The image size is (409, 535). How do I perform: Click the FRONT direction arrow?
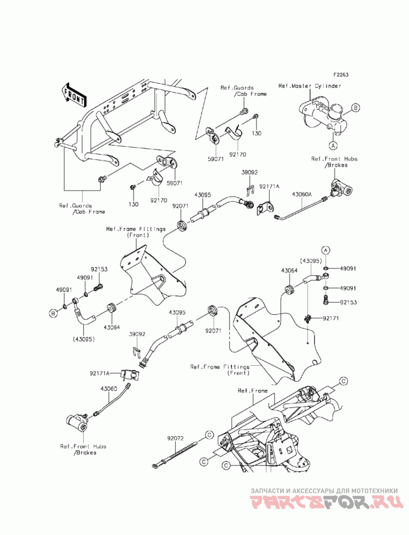[x=74, y=96]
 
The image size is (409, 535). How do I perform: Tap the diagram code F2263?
[x=340, y=75]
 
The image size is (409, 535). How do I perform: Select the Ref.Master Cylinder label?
[x=310, y=86]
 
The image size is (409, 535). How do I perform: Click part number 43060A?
[x=302, y=195]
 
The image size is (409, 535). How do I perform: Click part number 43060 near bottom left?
[x=108, y=389]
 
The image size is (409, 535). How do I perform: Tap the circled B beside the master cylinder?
[x=355, y=108]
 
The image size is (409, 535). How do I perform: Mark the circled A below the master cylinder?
[x=333, y=145]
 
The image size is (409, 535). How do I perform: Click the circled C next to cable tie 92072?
[x=209, y=435]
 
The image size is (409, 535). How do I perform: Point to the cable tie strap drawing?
[x=174, y=454]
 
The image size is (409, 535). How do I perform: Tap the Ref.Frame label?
[x=253, y=391]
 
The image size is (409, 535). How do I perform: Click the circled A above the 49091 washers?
[x=326, y=250]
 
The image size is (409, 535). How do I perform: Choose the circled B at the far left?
[x=53, y=313]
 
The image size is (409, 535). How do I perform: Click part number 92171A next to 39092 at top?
[x=269, y=187]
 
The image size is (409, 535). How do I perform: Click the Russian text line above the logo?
[x=324, y=491]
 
